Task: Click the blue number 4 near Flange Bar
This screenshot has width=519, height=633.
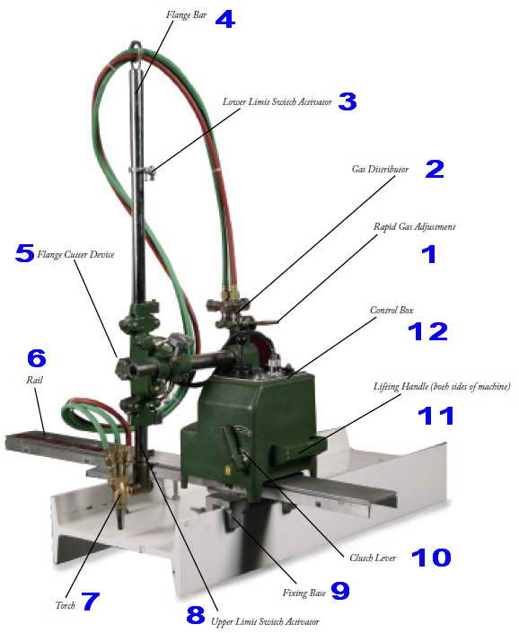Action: pos(224,20)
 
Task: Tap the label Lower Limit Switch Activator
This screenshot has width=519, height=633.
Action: pos(277,101)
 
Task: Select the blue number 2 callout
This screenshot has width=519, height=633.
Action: pos(435,169)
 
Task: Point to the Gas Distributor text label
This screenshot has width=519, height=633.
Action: pos(380,169)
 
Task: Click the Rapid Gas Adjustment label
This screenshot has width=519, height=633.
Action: pos(415,227)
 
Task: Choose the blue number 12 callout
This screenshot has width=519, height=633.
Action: pos(427,331)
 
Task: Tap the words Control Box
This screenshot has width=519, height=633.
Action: pos(391,310)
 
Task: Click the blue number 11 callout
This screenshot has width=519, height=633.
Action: pos(435,416)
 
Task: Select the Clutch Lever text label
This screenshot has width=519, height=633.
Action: pos(373,558)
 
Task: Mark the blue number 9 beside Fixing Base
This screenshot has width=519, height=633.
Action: pos(340,591)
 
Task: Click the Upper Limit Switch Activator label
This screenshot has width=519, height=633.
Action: pos(265,621)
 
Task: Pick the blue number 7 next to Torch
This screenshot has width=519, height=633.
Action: pos(91,601)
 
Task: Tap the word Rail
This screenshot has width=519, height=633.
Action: pos(34,380)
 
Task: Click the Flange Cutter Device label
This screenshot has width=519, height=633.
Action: pos(75,254)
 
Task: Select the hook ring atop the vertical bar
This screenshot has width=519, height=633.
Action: pos(136,46)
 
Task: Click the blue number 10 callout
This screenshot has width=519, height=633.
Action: pos(431,558)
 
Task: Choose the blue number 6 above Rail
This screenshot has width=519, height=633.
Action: pos(37,358)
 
